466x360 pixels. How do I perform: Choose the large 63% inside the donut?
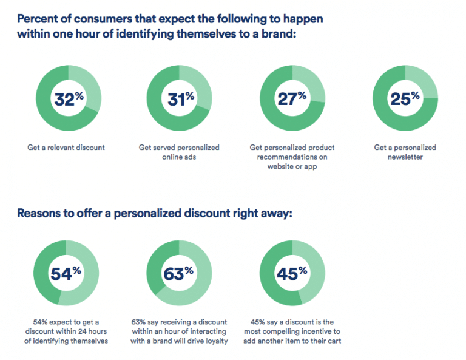(178, 274)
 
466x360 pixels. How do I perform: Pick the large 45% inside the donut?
(292, 274)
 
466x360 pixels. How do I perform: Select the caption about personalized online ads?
(179, 152)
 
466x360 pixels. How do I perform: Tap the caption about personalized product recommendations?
(292, 157)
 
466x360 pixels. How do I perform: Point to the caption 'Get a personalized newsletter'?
(405, 152)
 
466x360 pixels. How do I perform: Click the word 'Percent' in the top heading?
(39, 19)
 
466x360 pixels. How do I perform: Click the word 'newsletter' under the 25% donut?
(405, 157)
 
